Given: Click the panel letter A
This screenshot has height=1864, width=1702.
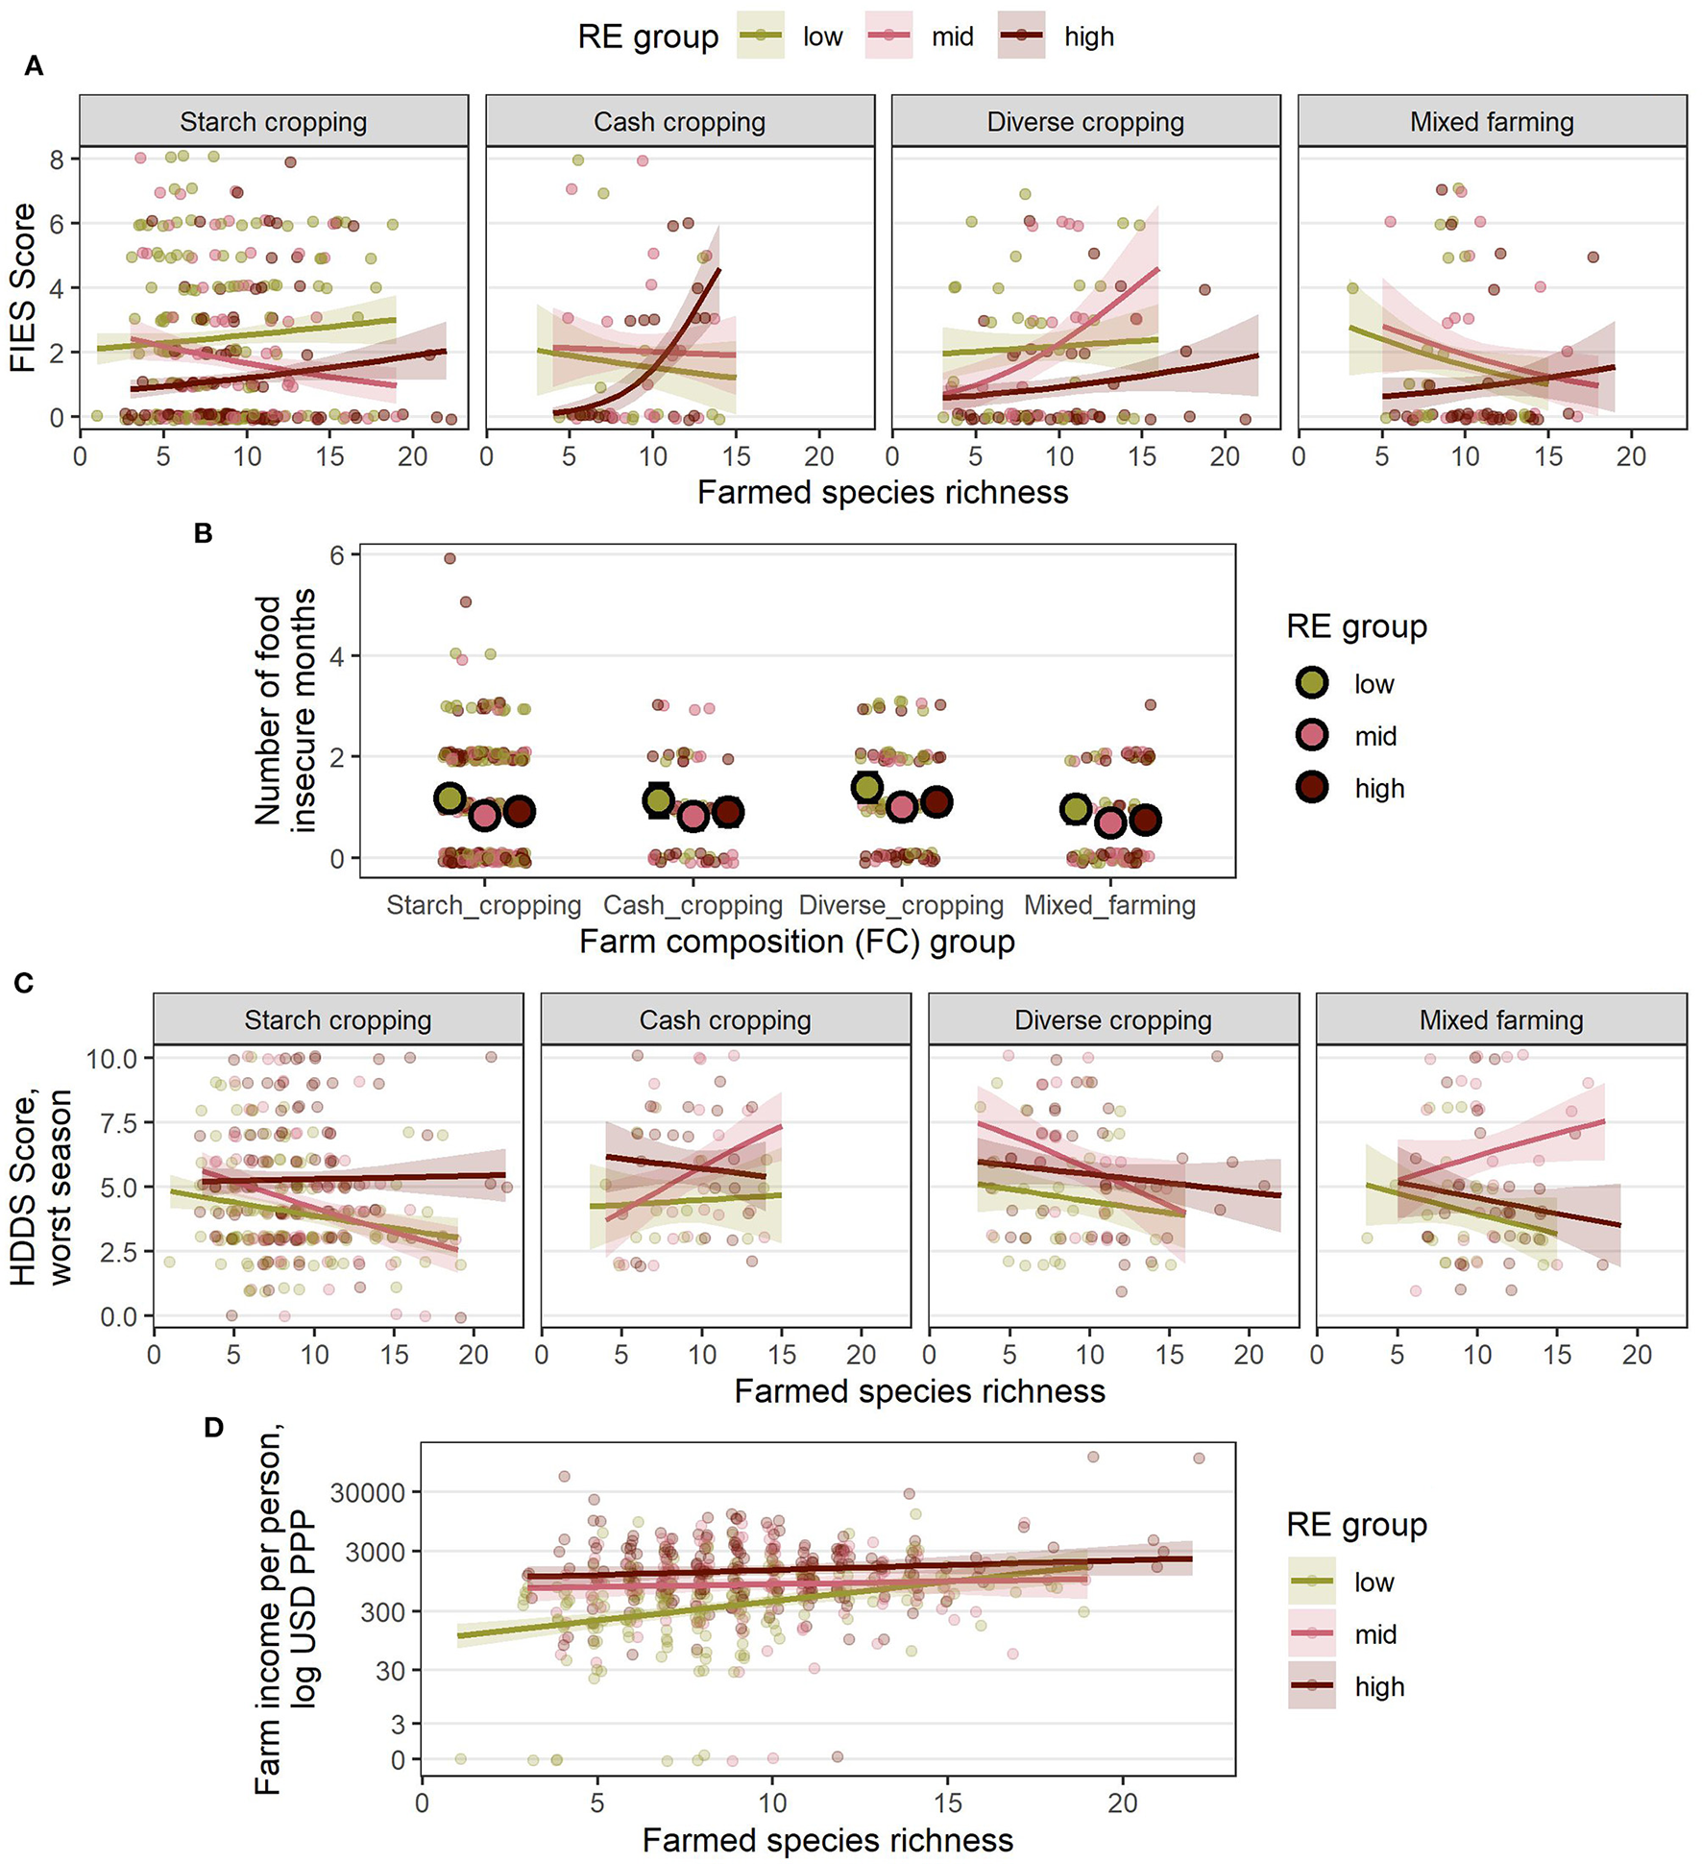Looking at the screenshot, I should pos(34,66).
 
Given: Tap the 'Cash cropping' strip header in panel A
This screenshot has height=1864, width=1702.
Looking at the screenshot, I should pos(679,122).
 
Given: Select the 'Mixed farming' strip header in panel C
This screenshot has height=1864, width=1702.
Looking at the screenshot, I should pos(1500,1019).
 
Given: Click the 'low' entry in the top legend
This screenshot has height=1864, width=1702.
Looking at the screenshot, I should pos(822,37).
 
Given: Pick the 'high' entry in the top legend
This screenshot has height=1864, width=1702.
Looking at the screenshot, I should pos(1088,37).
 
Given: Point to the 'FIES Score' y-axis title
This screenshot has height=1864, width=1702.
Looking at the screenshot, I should pos(23,287).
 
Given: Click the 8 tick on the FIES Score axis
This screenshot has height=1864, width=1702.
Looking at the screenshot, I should pos(59,159).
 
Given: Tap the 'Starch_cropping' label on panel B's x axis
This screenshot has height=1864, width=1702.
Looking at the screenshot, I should pos(483,905).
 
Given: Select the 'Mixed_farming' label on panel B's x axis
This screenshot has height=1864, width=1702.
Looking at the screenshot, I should pos(1109,905).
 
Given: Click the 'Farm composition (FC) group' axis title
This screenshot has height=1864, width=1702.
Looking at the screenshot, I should pos(796,942).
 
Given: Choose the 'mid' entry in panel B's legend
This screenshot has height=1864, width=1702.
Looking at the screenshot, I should pos(1374,736).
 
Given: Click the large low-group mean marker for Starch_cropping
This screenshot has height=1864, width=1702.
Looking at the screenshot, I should pos(450,797).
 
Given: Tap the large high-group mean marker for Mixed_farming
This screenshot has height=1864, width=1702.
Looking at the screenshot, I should pos(1145,820).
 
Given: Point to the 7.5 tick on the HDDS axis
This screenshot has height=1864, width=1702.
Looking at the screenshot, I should pos(112,1122).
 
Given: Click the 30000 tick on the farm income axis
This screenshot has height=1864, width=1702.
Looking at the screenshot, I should pos(368,1492).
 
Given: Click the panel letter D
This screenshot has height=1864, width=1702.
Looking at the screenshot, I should pos(213,1428).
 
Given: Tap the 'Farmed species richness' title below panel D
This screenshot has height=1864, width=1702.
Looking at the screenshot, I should pos(827,1839).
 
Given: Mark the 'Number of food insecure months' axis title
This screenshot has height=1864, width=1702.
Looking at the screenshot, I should pos(284,711).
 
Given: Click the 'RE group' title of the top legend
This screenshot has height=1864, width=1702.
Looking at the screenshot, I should pos(647,37).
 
